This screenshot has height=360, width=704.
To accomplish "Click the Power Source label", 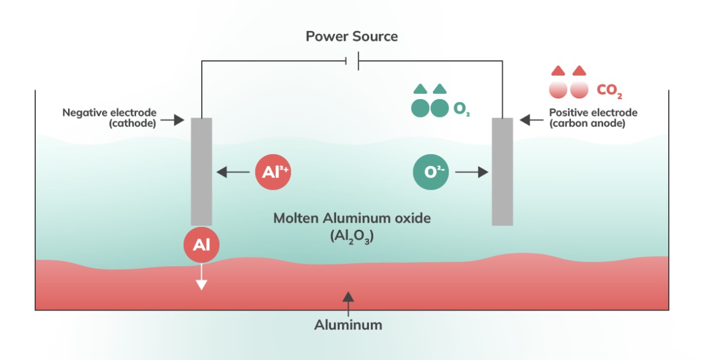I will [x=352, y=36].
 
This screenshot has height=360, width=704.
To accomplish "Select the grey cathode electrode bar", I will [x=201, y=171].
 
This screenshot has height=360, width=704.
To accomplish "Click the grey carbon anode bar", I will [x=502, y=171].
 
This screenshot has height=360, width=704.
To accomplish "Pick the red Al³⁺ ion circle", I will [x=273, y=173].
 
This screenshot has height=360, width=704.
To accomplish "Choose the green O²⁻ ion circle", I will [x=431, y=173].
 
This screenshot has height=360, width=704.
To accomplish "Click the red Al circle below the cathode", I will [x=201, y=245].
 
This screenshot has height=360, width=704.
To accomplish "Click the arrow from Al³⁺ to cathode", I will [x=233, y=173].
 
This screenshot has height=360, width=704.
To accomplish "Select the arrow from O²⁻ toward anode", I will [x=471, y=173].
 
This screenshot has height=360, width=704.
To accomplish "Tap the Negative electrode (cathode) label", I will [x=109, y=118].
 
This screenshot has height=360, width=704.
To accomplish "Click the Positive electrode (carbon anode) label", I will [x=592, y=118].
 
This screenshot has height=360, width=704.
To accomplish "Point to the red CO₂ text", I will [x=610, y=91].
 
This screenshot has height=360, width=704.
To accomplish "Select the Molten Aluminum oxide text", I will [x=352, y=218].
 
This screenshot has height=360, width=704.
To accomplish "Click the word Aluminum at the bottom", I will [x=348, y=325].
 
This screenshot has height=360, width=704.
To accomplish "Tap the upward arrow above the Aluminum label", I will [x=348, y=302].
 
